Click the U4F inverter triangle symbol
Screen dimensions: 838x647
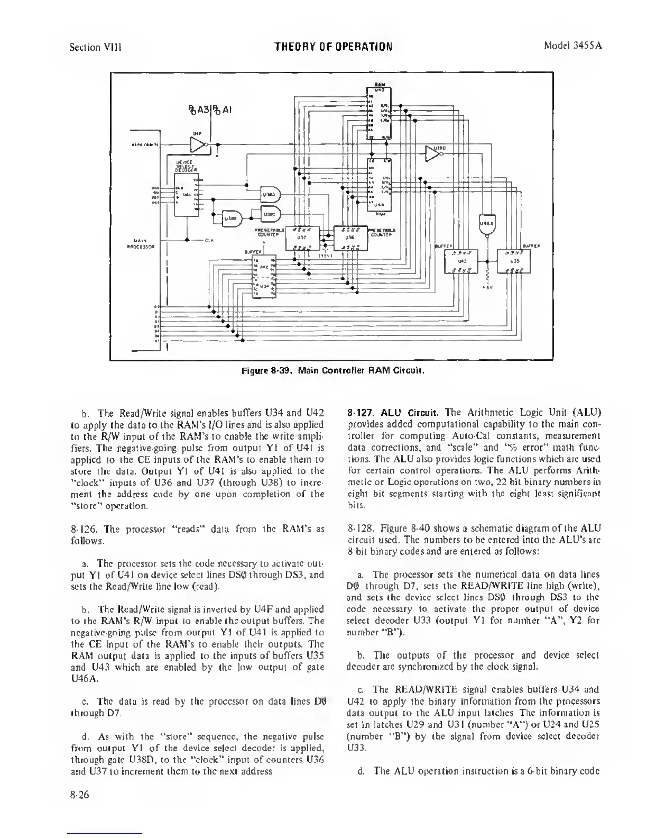click(x=199, y=144)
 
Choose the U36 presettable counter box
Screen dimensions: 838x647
click(x=349, y=239)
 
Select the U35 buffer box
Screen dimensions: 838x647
click(x=514, y=260)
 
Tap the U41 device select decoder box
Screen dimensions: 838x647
click(x=187, y=194)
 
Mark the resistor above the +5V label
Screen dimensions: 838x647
click(x=487, y=277)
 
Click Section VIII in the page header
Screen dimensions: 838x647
click(x=96, y=47)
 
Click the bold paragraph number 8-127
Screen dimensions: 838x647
click(x=362, y=412)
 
